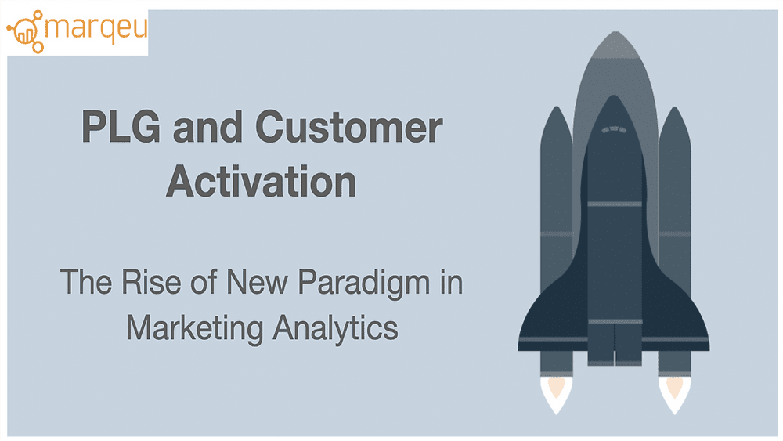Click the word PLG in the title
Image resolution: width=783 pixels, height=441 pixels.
pyautogui.click(x=121, y=127)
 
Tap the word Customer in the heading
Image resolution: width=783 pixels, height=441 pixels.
pyautogui.click(x=349, y=127)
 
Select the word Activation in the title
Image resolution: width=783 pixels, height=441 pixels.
pyautogui.click(x=262, y=181)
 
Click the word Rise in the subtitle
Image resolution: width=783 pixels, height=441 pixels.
pyautogui.click(x=151, y=282)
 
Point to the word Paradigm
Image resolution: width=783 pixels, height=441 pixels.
pyautogui.click(x=363, y=284)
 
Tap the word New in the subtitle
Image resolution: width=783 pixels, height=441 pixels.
pyautogui.click(x=257, y=282)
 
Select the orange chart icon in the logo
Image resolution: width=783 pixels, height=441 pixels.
pyautogui.click(x=25, y=31)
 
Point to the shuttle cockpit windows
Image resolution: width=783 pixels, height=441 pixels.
pyautogui.click(x=614, y=130)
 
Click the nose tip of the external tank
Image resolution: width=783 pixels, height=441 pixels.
pyautogui.click(x=616, y=32)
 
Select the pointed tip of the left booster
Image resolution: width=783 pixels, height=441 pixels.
pyautogui.click(x=556, y=107)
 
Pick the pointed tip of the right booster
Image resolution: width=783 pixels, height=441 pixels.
pyautogui.click(x=675, y=107)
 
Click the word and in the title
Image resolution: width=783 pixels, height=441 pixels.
pyautogui.click(x=207, y=127)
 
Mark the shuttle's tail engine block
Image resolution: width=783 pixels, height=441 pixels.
pyautogui.click(x=615, y=344)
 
